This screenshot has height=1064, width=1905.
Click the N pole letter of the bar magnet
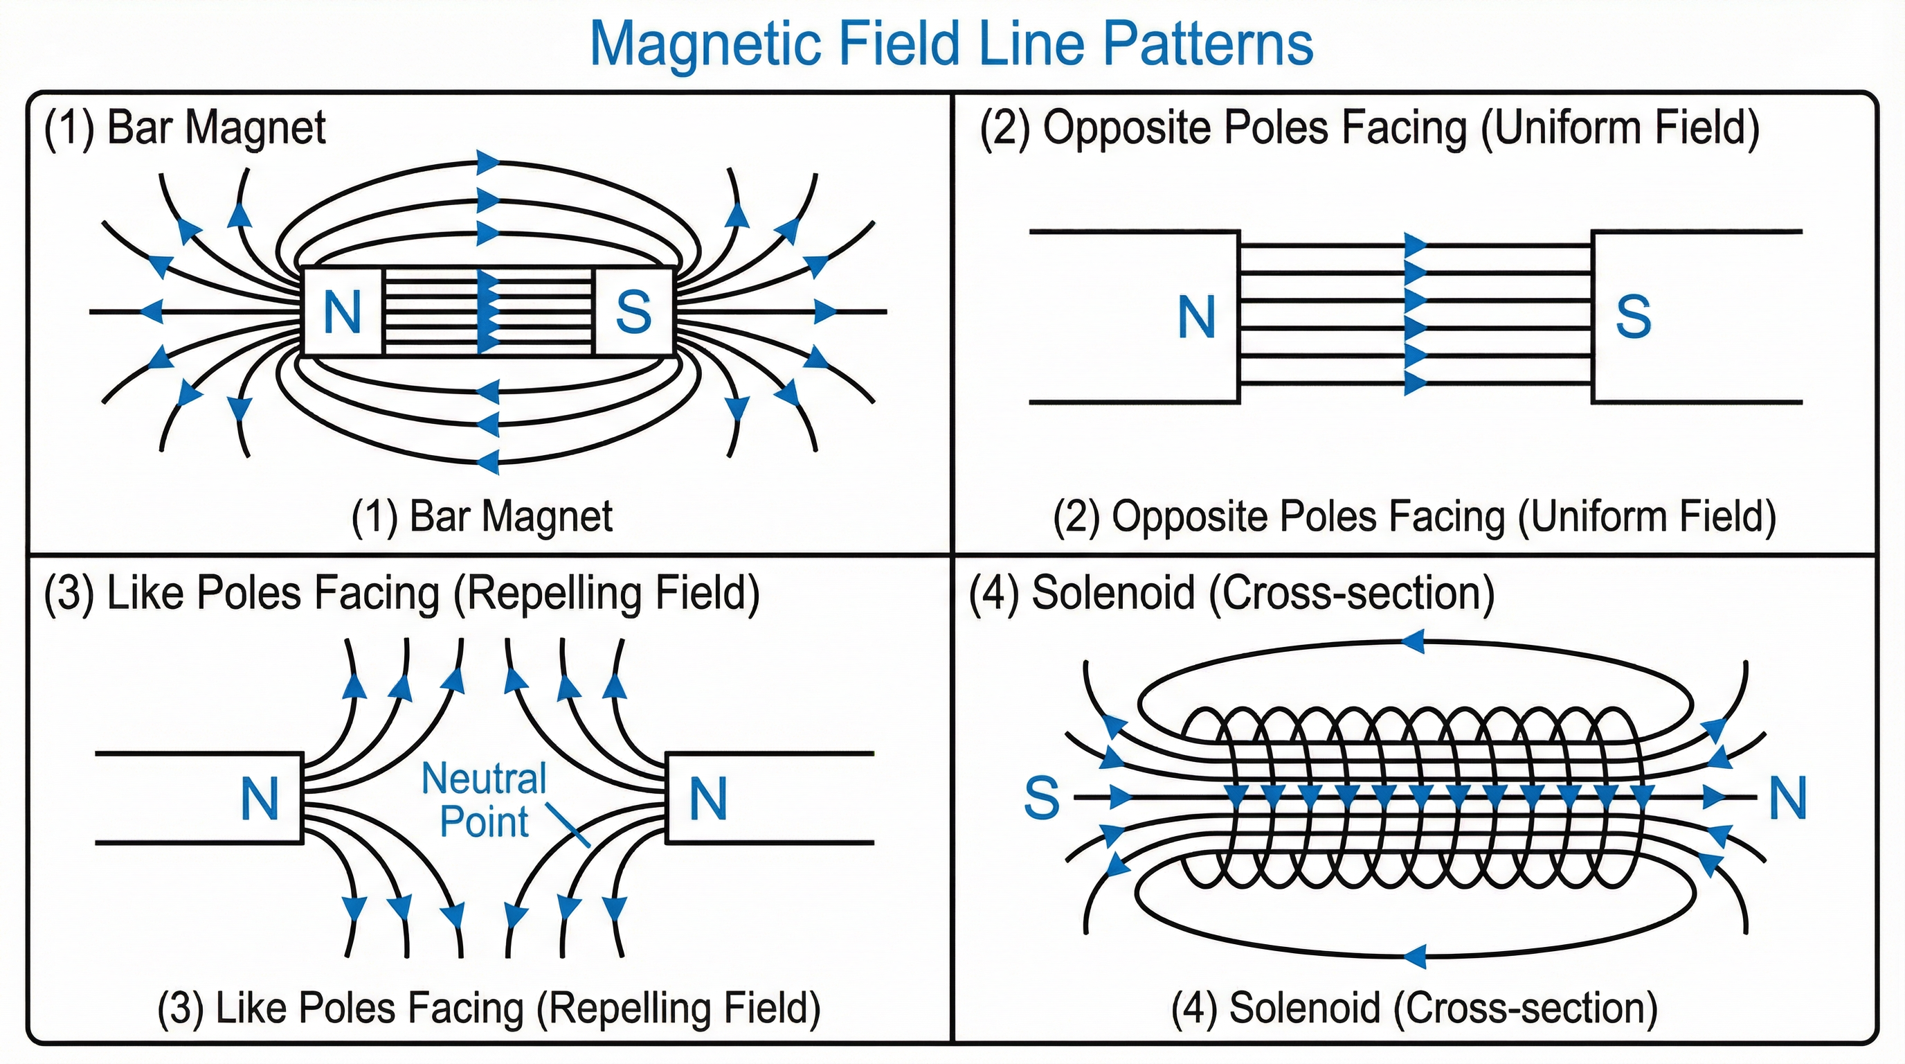(x=343, y=312)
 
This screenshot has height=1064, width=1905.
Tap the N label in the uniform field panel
(x=1195, y=318)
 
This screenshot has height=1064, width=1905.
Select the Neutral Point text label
(x=485, y=800)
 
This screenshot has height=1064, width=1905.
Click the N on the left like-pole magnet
(x=260, y=799)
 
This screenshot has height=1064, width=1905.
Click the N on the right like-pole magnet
(x=707, y=799)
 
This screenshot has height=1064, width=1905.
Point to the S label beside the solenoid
(x=1041, y=799)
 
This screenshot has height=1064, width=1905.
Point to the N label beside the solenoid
(x=1788, y=799)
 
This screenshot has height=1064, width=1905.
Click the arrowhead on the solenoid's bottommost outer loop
(x=1414, y=955)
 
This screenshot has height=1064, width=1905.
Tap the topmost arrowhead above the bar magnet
(x=488, y=161)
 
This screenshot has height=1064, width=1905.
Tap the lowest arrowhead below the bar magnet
(x=487, y=462)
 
